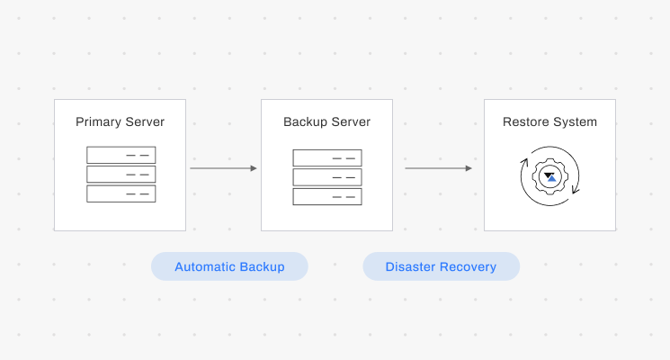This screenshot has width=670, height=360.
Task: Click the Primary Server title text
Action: click(x=120, y=122)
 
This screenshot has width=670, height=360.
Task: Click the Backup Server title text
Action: click(x=326, y=122)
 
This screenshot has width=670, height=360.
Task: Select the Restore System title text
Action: click(x=549, y=122)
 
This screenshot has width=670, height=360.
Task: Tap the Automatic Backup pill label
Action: click(x=229, y=266)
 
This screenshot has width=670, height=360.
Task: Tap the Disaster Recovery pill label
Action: click(x=441, y=266)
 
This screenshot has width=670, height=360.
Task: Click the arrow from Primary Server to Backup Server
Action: click(x=223, y=168)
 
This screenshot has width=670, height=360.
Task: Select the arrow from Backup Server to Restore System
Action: click(x=438, y=168)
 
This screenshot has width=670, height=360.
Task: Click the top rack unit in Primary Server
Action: click(x=121, y=155)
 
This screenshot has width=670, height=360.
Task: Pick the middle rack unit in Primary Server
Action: click(x=121, y=174)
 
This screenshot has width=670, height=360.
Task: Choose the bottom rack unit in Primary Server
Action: click(x=121, y=193)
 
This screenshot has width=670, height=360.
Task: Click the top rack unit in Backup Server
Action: click(x=327, y=157)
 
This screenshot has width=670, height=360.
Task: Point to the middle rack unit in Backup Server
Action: click(x=327, y=177)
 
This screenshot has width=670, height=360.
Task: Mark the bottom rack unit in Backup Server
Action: click(x=327, y=196)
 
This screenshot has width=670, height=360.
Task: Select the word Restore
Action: click(x=525, y=122)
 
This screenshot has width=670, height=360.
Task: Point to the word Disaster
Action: click(x=410, y=266)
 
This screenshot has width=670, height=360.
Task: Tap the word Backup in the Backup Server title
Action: click(x=304, y=122)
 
